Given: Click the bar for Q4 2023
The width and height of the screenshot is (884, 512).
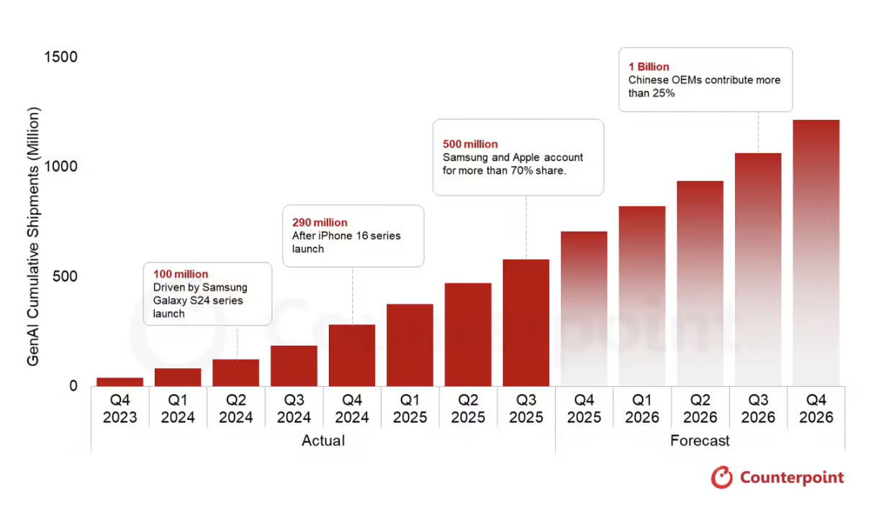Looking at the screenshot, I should [119, 382].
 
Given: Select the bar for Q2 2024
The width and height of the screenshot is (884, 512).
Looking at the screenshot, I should [235, 372].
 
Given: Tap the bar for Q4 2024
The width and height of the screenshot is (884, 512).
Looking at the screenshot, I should [352, 355].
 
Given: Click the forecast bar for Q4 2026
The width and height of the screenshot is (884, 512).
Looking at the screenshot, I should [816, 252].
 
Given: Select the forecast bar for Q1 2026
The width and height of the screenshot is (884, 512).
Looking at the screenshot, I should [641, 296].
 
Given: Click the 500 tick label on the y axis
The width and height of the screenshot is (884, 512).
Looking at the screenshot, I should [63, 277].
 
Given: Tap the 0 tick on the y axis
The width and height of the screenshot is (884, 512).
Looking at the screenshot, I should [73, 386].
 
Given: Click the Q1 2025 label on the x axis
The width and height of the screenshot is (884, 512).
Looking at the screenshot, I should [410, 408].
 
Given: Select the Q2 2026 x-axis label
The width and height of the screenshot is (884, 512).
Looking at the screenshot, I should [700, 408].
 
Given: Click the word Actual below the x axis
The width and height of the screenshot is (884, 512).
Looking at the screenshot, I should [323, 440].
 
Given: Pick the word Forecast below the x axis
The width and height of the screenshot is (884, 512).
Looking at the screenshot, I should [700, 440].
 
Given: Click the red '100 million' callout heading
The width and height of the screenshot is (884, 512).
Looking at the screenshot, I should [181, 274].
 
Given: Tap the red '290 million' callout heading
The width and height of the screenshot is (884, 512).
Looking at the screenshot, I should [320, 222].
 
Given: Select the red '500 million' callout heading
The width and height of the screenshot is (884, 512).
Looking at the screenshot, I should [470, 144].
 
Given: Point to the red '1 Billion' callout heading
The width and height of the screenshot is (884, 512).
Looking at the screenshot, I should [649, 67].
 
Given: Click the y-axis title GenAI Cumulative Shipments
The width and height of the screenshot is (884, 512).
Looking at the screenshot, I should [34, 237].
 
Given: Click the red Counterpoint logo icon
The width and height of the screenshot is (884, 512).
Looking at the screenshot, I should [721, 477].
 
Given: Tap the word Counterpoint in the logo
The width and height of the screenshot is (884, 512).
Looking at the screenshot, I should [791, 477].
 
